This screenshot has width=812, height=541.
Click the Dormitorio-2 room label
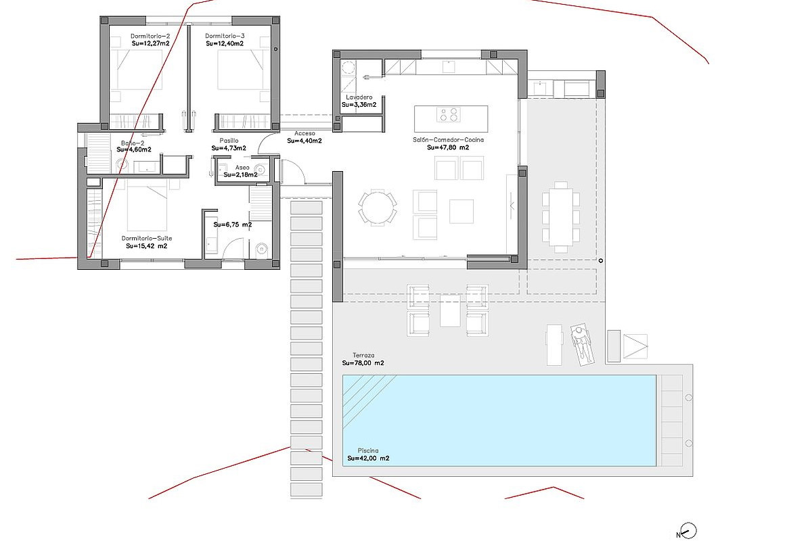coord(150,37)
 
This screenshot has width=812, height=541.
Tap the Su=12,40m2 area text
coord(225,43)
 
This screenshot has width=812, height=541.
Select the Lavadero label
coord(359,97)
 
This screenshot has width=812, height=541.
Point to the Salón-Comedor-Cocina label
coord(448,139)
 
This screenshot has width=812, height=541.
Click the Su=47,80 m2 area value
coord(448,147)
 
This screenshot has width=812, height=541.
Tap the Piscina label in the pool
coord(368,450)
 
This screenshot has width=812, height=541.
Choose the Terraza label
coord(363,355)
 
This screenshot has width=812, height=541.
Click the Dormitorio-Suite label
coord(147,238)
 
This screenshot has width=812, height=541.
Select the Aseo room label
coord(242,168)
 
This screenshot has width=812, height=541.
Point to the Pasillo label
coord(229,141)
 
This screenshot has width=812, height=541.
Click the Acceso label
coord(304,133)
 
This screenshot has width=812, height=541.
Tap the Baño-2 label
coord(133,143)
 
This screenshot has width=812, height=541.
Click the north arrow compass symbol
coord(687,532)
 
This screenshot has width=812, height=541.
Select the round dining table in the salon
coord(377,208)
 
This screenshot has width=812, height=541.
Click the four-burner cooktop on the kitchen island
coord(449,114)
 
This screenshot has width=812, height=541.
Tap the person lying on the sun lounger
coord(582,344)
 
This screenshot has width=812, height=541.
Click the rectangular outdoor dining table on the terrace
coord(561,217)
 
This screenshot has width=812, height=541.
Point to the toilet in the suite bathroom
coord(261,249)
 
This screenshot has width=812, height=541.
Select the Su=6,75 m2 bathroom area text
coord(233,225)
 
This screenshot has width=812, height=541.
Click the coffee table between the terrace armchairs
coord(450,311)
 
